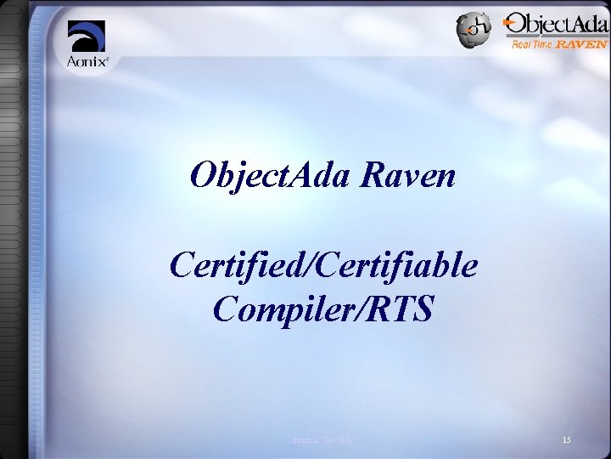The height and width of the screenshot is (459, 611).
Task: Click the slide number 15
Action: click(x=567, y=439)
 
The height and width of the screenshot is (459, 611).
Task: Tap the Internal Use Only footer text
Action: click(x=323, y=439)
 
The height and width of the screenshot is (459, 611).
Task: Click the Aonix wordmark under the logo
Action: click(x=87, y=60)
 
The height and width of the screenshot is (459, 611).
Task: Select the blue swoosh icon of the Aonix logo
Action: click(x=87, y=37)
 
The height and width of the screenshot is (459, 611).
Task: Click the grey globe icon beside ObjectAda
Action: click(x=472, y=30)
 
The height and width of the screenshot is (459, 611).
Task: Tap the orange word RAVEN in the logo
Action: click(x=581, y=44)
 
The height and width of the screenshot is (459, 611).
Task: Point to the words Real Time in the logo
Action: click(x=532, y=44)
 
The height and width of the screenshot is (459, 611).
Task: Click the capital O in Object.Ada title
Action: click(x=204, y=176)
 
